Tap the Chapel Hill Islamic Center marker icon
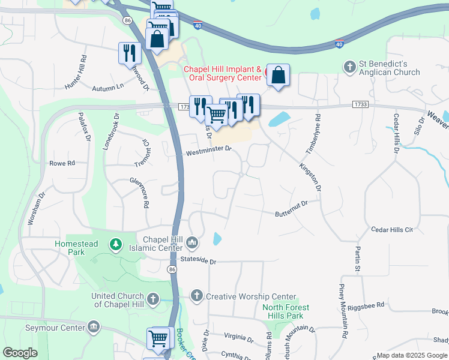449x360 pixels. [x=192, y=242]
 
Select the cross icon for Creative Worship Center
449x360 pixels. [x=196, y=295]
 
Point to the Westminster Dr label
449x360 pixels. [x=208, y=151]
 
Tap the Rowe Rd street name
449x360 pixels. [x=62, y=163]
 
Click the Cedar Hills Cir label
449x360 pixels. [x=392, y=229]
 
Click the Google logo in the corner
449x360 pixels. [x=20, y=353]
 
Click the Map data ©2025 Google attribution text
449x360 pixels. [x=412, y=355]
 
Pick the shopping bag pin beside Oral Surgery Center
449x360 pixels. [x=278, y=76]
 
